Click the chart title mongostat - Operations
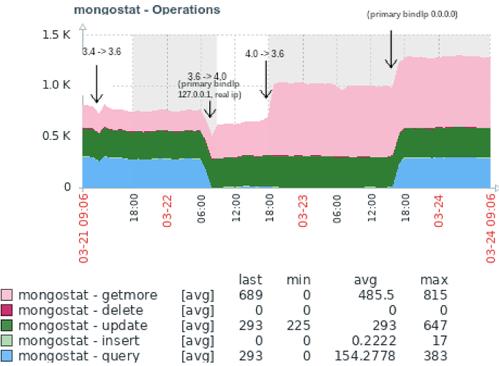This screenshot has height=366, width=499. [147, 10]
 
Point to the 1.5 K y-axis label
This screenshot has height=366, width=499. [56, 35]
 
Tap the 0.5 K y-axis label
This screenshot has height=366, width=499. [56, 136]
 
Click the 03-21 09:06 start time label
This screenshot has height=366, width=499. [84, 226]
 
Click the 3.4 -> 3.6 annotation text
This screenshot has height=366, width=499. [102, 52]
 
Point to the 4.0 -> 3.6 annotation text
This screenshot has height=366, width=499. [264, 53]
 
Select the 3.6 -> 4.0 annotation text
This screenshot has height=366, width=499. [207, 76]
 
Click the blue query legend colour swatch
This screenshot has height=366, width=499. [7, 356]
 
